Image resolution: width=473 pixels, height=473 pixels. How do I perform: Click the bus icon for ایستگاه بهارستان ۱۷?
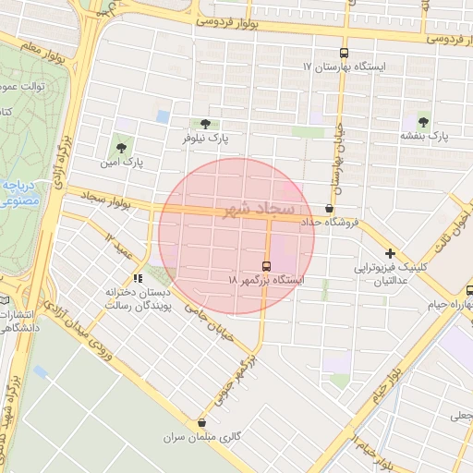pos(345,53)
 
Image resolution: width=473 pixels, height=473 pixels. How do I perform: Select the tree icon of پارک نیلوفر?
pos(204,124)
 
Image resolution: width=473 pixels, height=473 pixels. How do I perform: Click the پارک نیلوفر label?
pos(204,139)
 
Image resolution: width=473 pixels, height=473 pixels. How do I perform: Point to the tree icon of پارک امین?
pos(121,147)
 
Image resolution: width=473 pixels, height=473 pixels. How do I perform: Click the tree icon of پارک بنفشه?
pos(424,120)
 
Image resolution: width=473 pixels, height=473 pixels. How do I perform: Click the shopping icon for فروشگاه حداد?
pos(330,208)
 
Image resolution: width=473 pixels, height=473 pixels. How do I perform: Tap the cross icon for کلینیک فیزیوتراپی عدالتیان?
pos(391,252)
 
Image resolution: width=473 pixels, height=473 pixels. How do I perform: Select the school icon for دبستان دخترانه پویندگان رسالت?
pos(138,277)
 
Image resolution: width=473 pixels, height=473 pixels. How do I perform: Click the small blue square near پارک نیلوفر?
pos(164,116)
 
